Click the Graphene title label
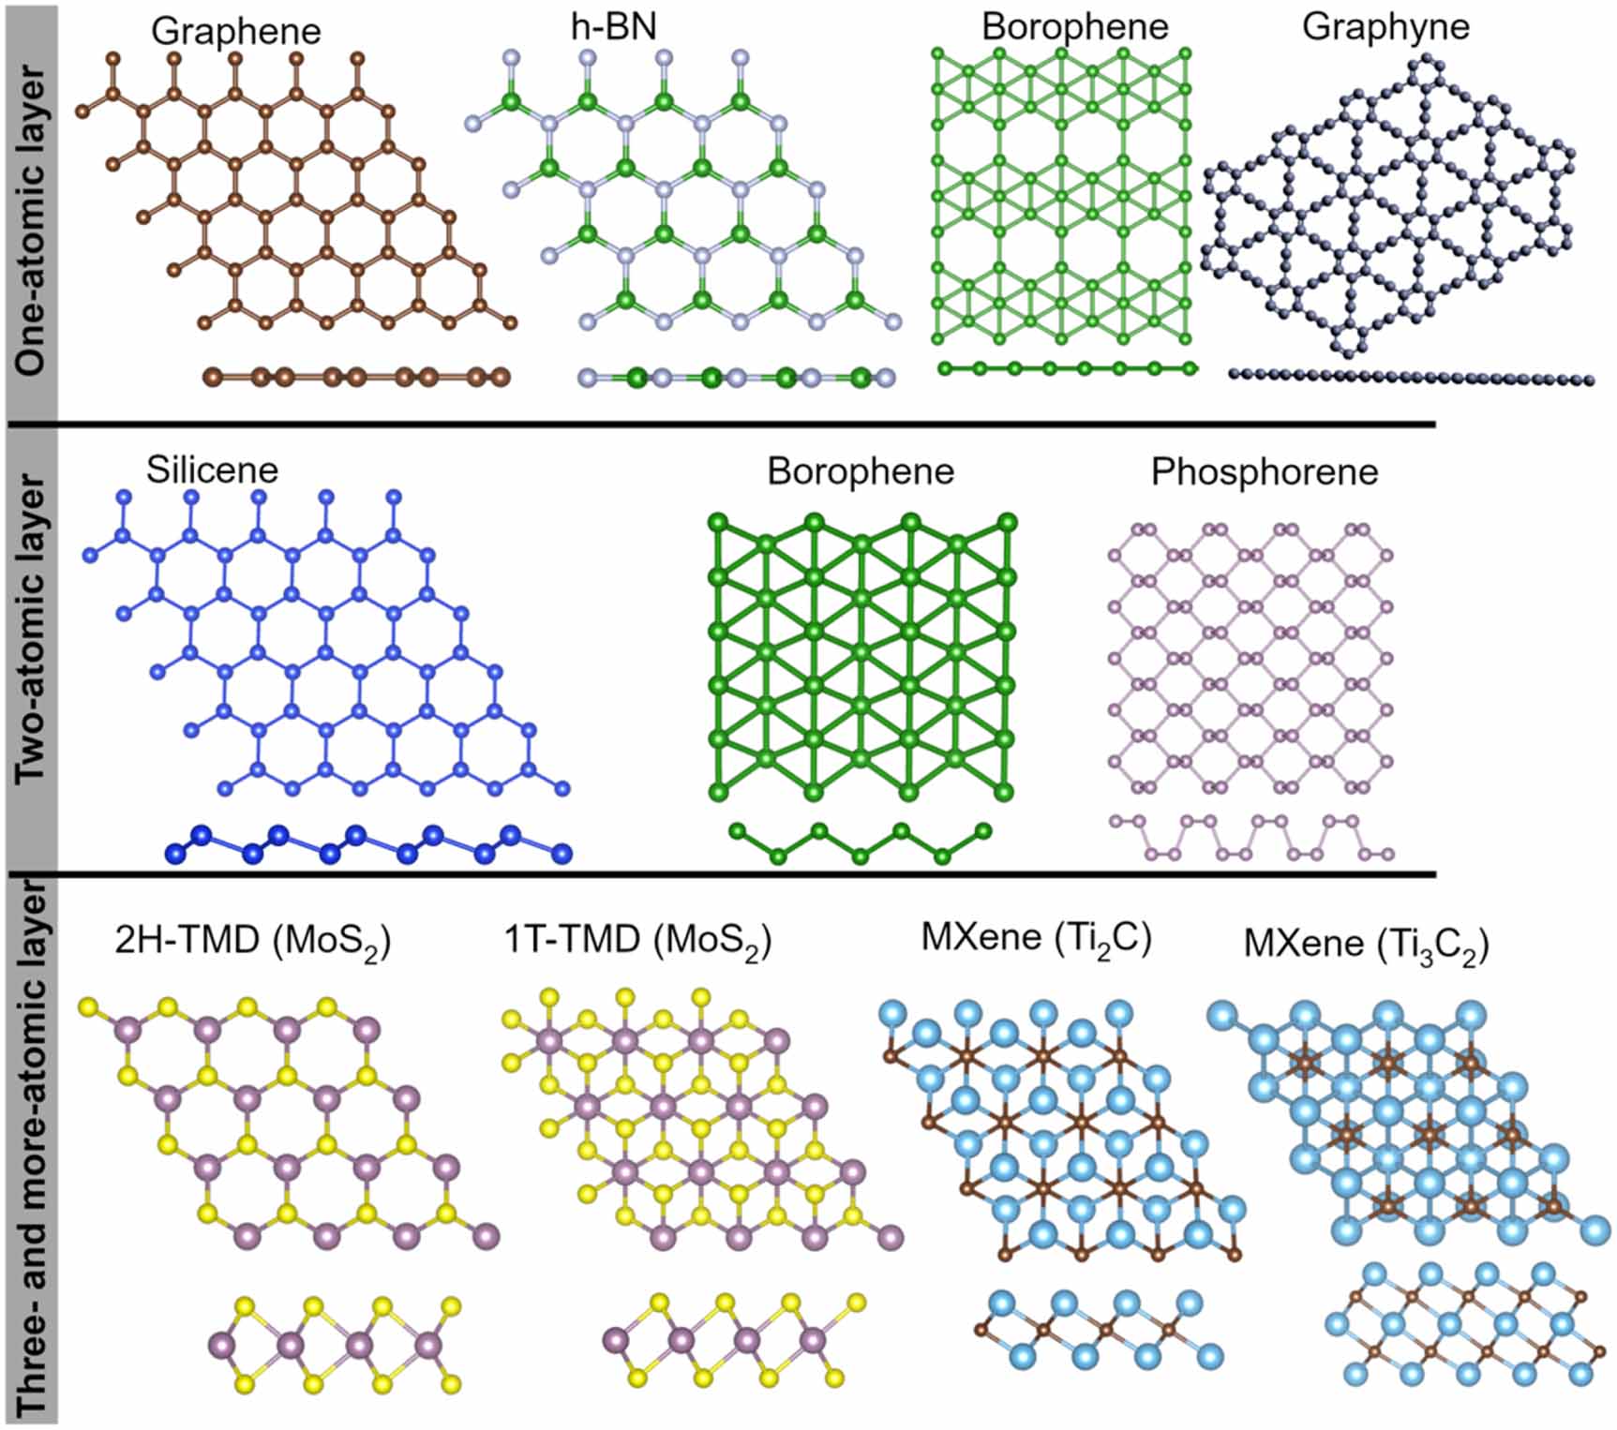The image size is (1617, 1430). pyautogui.click(x=235, y=31)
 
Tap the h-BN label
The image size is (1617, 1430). pyautogui.click(x=613, y=25)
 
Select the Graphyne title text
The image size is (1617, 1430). pyautogui.click(x=1385, y=26)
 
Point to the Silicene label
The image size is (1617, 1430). pyautogui.click(x=212, y=469)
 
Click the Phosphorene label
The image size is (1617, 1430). pyautogui.click(x=1264, y=471)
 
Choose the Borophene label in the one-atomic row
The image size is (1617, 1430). pyautogui.click(x=1074, y=26)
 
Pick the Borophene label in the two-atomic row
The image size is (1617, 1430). pyautogui.click(x=860, y=470)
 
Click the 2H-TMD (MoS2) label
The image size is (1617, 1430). pyautogui.click(x=252, y=940)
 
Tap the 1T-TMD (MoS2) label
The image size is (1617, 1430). pyautogui.click(x=637, y=940)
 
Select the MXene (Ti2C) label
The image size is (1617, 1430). pyautogui.click(x=1036, y=937)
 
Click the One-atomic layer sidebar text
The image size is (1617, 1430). pyautogui.click(x=31, y=220)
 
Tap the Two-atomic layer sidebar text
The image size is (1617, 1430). pyautogui.click(x=31, y=628)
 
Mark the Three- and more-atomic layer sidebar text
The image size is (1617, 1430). pyautogui.click(x=31, y=1153)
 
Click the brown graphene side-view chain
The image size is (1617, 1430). pyautogui.click(x=356, y=377)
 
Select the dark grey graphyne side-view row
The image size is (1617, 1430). pyautogui.click(x=1411, y=377)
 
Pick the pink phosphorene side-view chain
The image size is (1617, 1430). pyautogui.click(x=1252, y=838)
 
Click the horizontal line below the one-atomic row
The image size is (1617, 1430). pyautogui.click(x=722, y=425)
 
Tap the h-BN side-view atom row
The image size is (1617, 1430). pyautogui.click(x=737, y=378)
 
